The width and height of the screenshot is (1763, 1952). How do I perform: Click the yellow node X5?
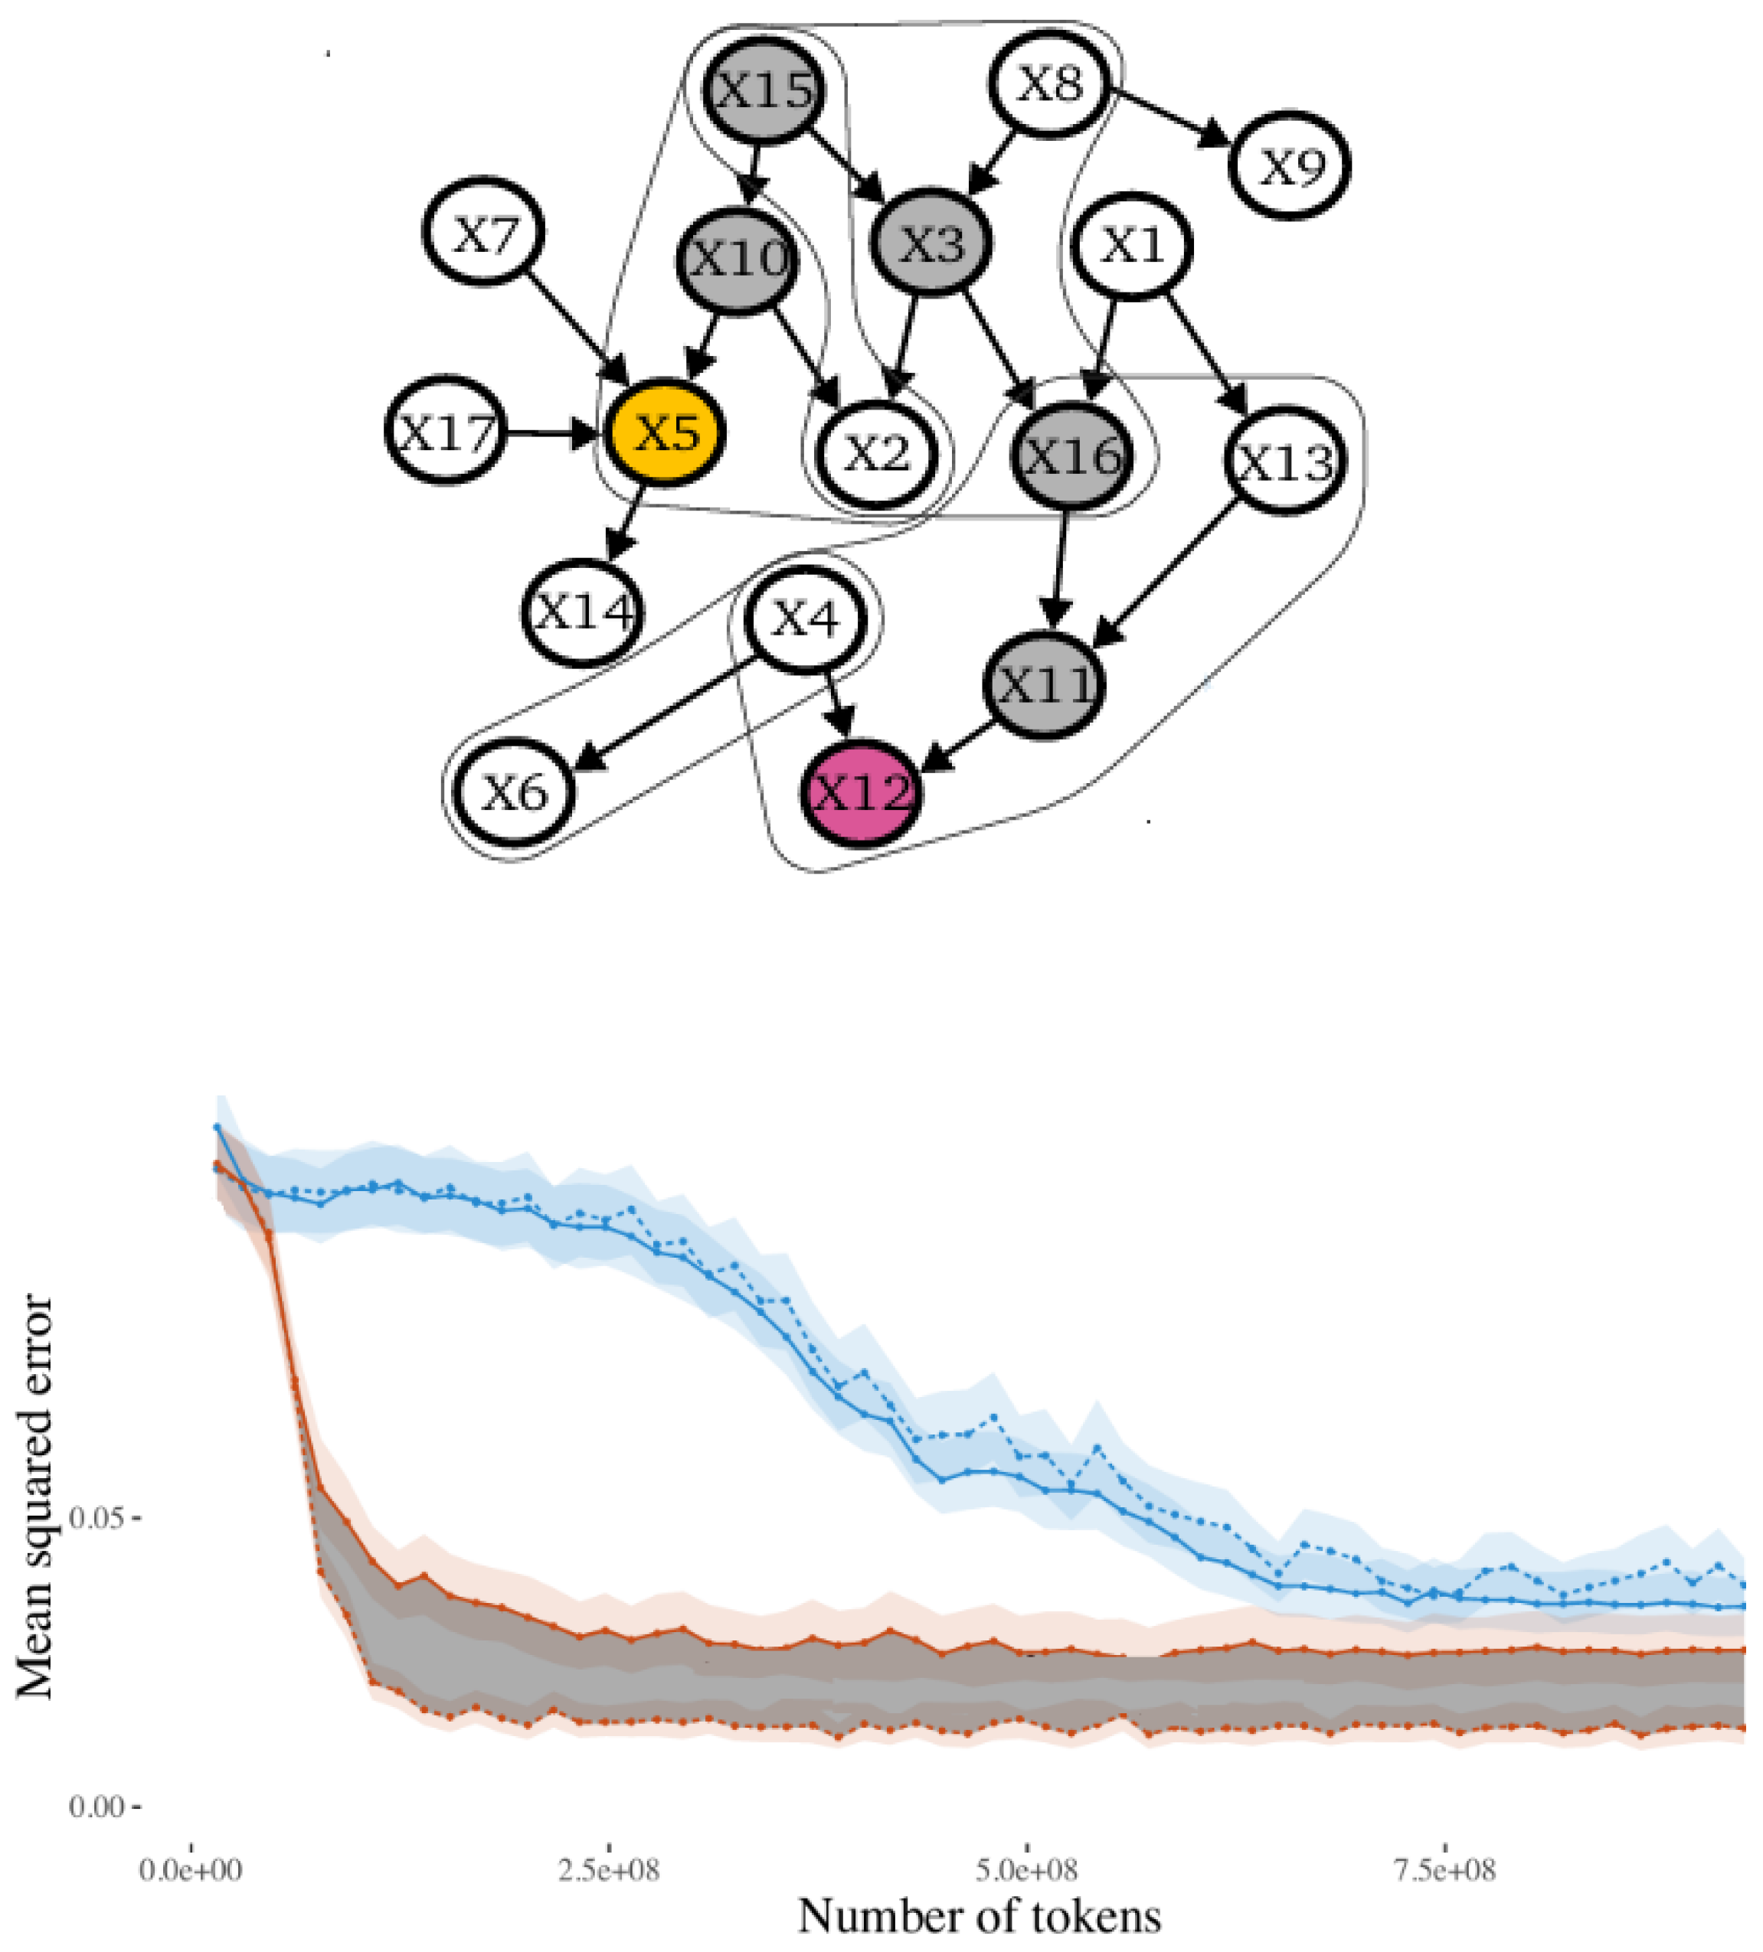[x=665, y=432]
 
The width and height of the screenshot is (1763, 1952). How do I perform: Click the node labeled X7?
[x=483, y=233]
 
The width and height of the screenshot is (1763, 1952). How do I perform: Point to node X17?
[x=446, y=432]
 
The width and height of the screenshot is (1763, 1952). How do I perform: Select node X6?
[x=515, y=793]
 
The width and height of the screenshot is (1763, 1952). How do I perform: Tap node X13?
[x=1284, y=461]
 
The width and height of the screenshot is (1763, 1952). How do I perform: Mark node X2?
[x=877, y=453]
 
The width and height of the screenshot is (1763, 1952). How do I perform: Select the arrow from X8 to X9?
[x=1170, y=120]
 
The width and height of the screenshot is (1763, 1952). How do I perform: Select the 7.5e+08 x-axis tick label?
[x=1444, y=1869]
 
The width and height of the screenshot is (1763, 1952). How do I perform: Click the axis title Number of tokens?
[x=980, y=1916]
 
